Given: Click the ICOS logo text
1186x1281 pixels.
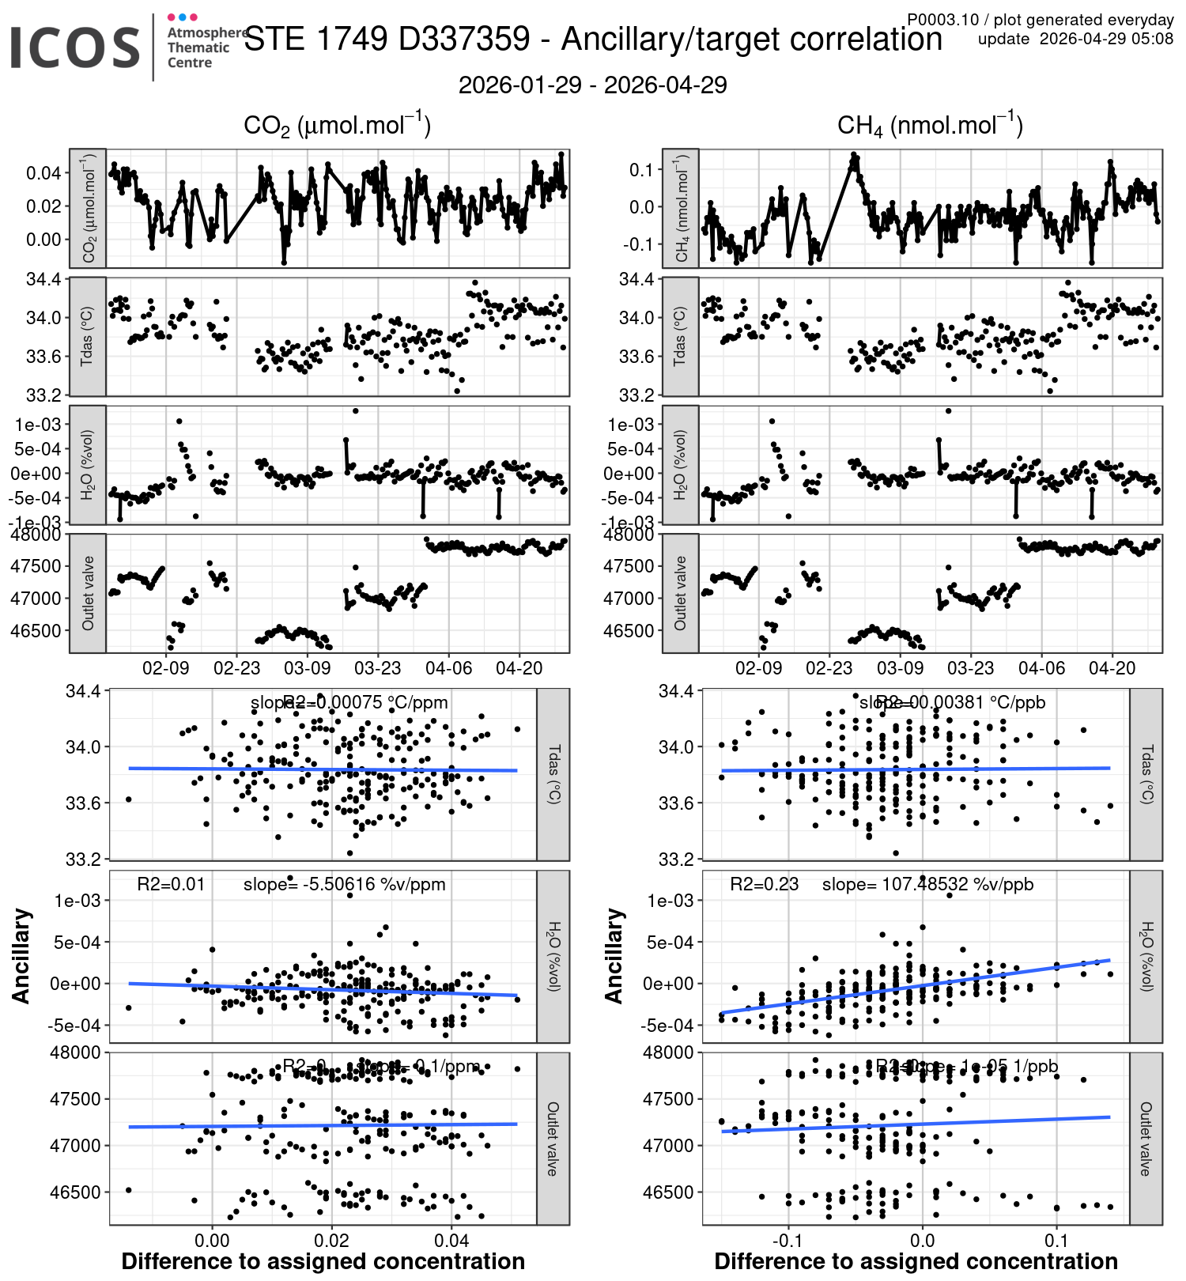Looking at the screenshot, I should click(75, 47).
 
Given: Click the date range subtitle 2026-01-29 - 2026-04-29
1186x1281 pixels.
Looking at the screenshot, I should click(592, 85).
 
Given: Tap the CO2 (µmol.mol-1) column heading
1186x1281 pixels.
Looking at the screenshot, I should click(337, 126).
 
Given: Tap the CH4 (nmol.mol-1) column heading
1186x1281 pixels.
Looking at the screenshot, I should click(930, 126).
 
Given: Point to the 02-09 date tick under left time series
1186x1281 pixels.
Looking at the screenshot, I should click(166, 668).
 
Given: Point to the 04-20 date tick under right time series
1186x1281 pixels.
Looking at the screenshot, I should click(1112, 668).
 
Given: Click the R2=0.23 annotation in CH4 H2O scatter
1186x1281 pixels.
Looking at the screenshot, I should click(764, 884).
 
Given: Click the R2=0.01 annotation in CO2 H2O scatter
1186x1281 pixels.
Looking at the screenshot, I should click(171, 884).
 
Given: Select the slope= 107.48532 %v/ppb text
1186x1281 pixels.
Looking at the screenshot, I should click(927, 884).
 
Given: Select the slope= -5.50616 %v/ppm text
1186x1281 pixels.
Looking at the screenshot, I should click(344, 884).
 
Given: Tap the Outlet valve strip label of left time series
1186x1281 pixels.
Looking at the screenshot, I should click(88, 593).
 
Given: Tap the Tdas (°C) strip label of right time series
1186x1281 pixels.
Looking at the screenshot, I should click(680, 336).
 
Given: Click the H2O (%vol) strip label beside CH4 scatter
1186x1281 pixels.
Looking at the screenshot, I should click(1146, 956).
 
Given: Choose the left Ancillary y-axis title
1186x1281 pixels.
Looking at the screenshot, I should click(21, 956).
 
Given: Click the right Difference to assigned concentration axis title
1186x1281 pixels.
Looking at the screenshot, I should click(916, 1262).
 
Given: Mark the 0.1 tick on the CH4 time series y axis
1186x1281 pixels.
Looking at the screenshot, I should click(641, 169).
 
